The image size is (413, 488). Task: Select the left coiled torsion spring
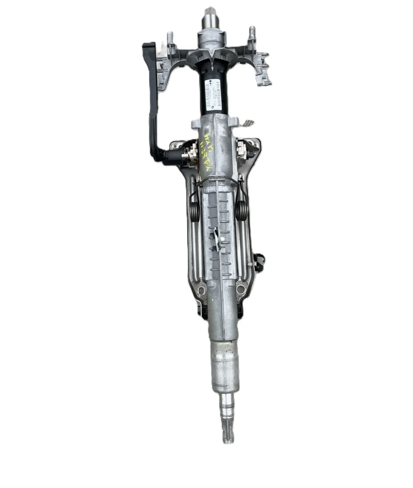coord(195,209)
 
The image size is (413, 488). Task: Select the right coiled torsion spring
coord(241,209)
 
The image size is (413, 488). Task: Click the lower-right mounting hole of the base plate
coord(241,288)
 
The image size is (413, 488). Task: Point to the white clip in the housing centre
coord(217,238)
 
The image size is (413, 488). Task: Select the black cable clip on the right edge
coord(259,261)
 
